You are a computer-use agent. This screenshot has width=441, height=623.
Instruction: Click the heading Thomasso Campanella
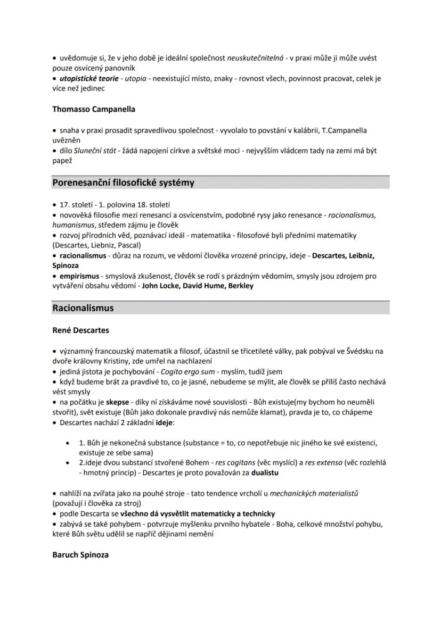(94, 109)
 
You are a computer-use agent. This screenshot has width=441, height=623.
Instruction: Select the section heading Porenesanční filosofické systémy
(123, 182)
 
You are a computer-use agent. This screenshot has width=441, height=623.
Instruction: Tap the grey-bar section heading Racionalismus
(83, 308)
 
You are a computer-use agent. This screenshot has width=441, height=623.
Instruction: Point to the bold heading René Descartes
(80, 330)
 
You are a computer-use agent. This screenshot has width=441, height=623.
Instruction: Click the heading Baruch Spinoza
(80, 554)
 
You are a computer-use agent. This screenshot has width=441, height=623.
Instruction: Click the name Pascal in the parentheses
(129, 245)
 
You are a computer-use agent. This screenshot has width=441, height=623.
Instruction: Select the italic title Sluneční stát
(95, 151)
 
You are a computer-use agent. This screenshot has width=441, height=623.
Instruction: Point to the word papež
(62, 161)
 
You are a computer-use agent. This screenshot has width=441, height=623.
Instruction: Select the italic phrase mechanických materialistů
(314, 493)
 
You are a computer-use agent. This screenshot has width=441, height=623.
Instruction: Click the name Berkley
(240, 286)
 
